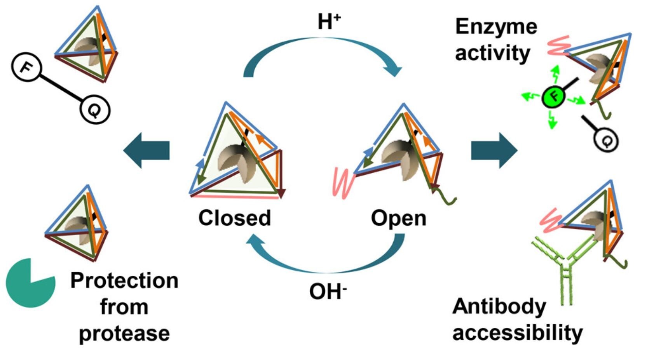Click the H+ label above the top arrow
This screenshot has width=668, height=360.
(x=329, y=22)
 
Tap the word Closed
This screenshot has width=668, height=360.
(x=235, y=218)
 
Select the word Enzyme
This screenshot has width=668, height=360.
(x=496, y=27)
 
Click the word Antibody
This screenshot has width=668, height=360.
(x=499, y=307)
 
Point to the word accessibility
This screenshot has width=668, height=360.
(x=518, y=333)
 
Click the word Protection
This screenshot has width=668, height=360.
(x=124, y=280)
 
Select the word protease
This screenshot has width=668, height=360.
(x=124, y=334)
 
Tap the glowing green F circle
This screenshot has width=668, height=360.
(x=553, y=97)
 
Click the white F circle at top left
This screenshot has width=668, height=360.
(x=26, y=68)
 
